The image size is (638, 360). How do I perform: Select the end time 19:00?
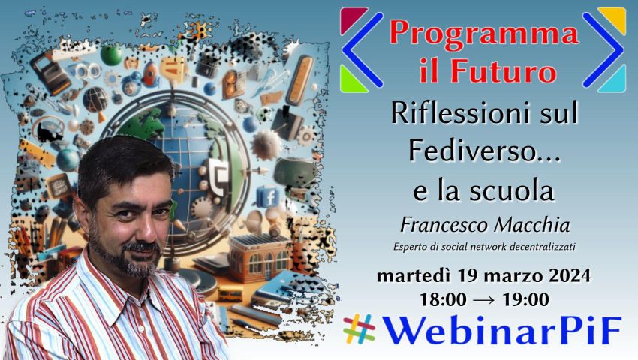tap(526, 300)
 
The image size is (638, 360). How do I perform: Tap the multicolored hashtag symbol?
tap(359, 328)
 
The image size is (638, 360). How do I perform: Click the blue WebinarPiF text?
tap(502, 330)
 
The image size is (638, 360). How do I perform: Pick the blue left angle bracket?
tap(362, 50)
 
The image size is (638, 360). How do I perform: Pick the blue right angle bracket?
tap(603, 50)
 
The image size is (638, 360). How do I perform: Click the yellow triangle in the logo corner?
tap(615, 18)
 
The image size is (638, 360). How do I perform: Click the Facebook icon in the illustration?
tap(268, 197)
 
